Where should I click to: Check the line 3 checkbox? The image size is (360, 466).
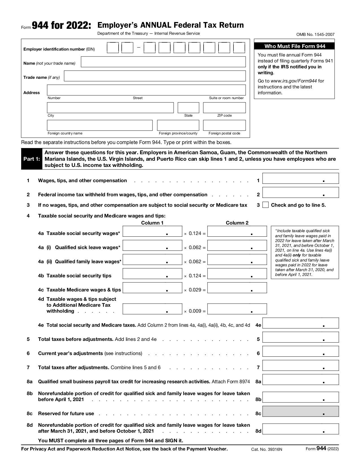(x=265, y=205)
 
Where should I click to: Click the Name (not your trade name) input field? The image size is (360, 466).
(x=163, y=62)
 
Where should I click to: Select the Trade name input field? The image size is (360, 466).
(x=155, y=76)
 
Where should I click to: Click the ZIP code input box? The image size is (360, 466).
(x=224, y=108)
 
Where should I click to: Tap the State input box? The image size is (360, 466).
(x=188, y=108)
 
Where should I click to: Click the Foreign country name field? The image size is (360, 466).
(x=100, y=125)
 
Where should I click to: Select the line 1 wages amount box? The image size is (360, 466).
(x=300, y=178)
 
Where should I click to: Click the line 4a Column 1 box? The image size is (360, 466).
(x=152, y=231)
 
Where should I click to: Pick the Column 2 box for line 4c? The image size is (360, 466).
(x=237, y=288)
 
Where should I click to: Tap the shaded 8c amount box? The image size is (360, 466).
(x=300, y=411)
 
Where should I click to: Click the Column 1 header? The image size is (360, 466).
(x=152, y=223)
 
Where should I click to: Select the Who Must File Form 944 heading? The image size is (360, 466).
(x=294, y=46)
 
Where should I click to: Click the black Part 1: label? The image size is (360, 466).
(x=32, y=159)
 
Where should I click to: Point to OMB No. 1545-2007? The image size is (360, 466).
(x=315, y=34)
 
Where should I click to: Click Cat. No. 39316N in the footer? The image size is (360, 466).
(x=267, y=449)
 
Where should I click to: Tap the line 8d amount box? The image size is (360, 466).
(x=300, y=429)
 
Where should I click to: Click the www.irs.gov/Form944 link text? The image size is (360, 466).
(x=294, y=81)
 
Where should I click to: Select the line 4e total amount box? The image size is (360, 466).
(x=300, y=323)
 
